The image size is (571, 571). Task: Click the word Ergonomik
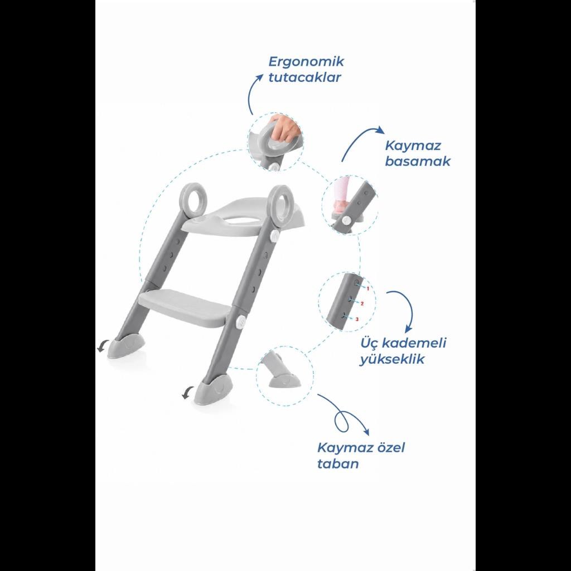point(306,62)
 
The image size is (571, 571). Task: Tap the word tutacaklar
point(304,78)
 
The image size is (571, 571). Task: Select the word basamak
point(418,161)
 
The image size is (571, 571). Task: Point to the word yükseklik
point(392,359)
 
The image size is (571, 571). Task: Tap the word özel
point(387,448)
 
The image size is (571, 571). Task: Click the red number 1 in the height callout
point(368,288)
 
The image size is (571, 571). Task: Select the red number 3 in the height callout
point(357,320)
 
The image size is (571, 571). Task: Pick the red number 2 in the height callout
point(362,303)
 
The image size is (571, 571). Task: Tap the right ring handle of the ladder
point(271,205)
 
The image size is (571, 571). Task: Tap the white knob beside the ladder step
point(240,322)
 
